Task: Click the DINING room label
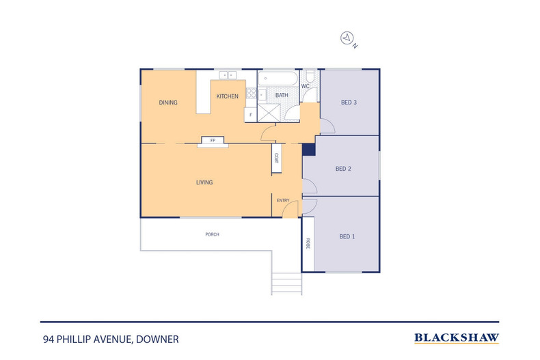click(x=168, y=102)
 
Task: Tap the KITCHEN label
click(x=228, y=96)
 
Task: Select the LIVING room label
click(x=204, y=182)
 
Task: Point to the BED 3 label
click(x=349, y=102)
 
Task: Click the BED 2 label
click(x=343, y=169)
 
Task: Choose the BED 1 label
click(x=347, y=236)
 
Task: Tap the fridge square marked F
click(x=250, y=115)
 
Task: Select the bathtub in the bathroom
click(x=278, y=79)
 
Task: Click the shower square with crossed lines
click(x=269, y=113)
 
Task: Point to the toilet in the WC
click(x=310, y=76)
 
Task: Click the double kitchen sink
click(x=228, y=74)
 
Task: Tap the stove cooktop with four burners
click(x=251, y=93)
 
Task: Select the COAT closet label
click(x=277, y=158)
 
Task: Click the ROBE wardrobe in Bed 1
click(x=308, y=244)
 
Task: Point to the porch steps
click(x=286, y=284)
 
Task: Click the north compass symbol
click(x=347, y=38)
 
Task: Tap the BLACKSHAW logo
click(x=457, y=338)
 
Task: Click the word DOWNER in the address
click(x=157, y=340)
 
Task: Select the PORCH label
click(x=212, y=234)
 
